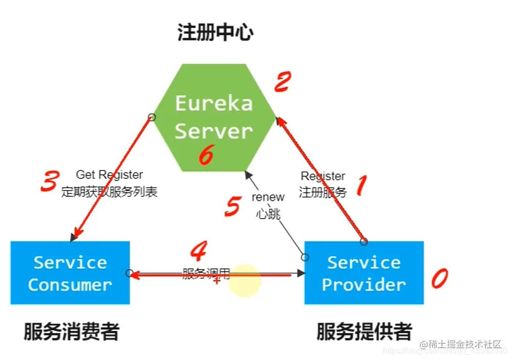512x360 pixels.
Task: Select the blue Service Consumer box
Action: click(70, 273)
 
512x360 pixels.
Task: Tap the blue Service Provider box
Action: click(364, 273)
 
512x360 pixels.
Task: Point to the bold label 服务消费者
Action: click(71, 332)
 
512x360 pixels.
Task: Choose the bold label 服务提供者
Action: click(364, 332)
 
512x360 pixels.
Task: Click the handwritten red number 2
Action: click(283, 82)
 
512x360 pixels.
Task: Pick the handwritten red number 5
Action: click(232, 206)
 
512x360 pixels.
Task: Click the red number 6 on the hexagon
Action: click(205, 155)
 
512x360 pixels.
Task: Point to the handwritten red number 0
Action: click(439, 278)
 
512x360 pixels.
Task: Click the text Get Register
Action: click(109, 175)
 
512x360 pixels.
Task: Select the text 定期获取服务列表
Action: click(109, 192)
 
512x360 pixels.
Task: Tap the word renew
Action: click(268, 198)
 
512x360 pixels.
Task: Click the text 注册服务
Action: click(322, 192)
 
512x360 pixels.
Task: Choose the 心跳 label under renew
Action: click(268, 214)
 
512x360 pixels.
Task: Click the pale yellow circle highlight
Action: click(245, 280)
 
